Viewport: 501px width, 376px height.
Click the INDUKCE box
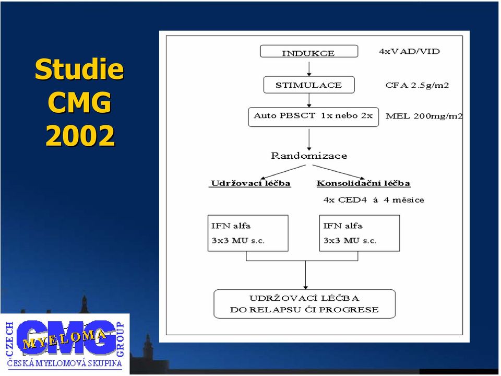click(x=309, y=52)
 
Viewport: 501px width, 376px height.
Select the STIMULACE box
click(x=309, y=85)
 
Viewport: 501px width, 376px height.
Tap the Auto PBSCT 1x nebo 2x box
click(x=314, y=117)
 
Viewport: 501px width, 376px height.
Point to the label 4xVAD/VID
click(x=409, y=52)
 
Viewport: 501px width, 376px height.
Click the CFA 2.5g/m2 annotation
click(x=417, y=85)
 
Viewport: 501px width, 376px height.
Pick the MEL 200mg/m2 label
click(x=424, y=116)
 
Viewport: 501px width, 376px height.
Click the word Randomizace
click(x=309, y=156)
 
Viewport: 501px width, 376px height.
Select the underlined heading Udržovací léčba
click(x=250, y=183)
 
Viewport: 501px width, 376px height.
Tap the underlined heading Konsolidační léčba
click(x=364, y=183)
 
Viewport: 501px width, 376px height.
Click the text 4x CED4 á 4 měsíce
click(x=374, y=200)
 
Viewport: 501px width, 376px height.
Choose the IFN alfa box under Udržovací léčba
click(x=248, y=233)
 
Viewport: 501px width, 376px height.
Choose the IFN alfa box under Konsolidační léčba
click(x=360, y=233)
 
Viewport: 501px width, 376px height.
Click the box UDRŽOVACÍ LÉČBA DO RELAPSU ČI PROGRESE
click(x=304, y=304)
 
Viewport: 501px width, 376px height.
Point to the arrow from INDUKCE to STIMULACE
click(x=309, y=69)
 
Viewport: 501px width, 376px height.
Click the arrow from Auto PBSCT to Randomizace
click(x=309, y=139)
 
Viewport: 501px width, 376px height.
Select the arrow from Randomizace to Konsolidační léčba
click(x=339, y=172)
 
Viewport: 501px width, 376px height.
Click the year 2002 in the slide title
click(x=80, y=136)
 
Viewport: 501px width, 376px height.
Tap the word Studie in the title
click(x=79, y=69)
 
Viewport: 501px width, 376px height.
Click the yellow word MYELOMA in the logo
click(x=64, y=339)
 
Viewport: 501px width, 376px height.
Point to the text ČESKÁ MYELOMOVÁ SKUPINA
click(x=65, y=363)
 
